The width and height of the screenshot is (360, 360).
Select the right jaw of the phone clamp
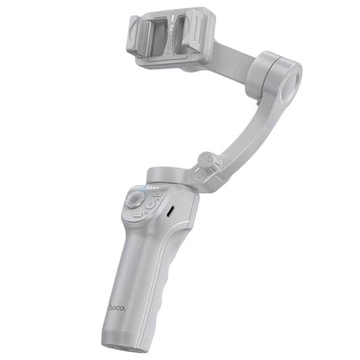pyautogui.click(x=197, y=34)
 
